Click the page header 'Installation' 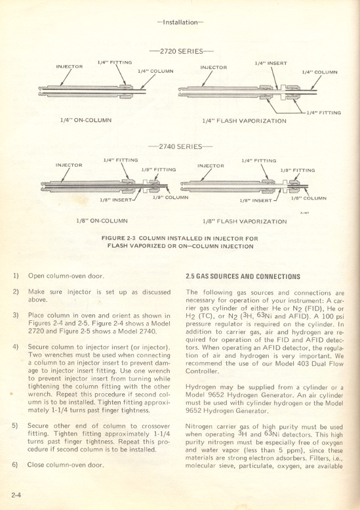pyautogui.click(x=180, y=22)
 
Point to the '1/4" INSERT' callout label pyautogui.click(x=270, y=63)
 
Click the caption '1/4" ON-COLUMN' pyautogui.click(x=84, y=120)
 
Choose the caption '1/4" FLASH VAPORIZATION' pyautogui.click(x=244, y=121)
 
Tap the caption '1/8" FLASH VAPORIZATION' pyautogui.click(x=245, y=222)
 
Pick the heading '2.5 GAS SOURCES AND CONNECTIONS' pyautogui.click(x=243, y=276)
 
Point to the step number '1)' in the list pyautogui.click(x=14, y=276)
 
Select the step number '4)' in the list pyautogui.click(x=14, y=346)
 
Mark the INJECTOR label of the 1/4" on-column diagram pyautogui.click(x=70, y=66)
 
